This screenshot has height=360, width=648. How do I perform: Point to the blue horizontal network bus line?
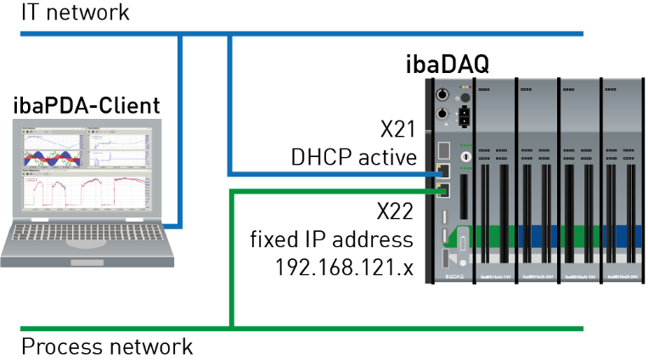click(382, 34)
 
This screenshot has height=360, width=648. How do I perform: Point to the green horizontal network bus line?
click(382, 328)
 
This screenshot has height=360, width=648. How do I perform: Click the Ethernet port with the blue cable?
click(442, 175)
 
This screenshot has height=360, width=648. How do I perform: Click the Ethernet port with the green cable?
click(442, 190)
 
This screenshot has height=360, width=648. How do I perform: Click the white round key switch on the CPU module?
click(465, 157)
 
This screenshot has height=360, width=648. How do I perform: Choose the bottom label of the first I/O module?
click(495, 277)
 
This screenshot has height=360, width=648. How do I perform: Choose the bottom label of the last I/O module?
click(623, 277)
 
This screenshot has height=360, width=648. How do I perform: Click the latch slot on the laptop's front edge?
click(87, 262)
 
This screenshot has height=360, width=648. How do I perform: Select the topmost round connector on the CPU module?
click(442, 94)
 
